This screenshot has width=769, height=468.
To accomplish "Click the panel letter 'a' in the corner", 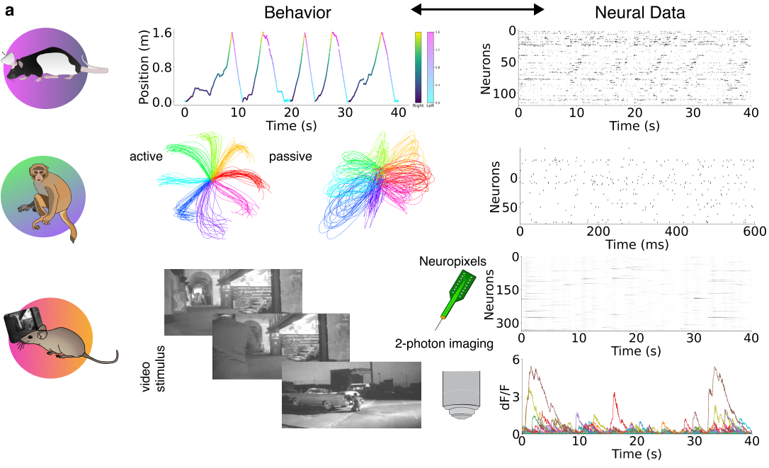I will (11, 12).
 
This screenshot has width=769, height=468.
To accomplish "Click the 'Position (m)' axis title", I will (144, 67).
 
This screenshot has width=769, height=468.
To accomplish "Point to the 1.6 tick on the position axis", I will (161, 33).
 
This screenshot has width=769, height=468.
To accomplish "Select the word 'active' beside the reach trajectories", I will (147, 156).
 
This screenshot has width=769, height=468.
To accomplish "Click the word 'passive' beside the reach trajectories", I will (290, 156).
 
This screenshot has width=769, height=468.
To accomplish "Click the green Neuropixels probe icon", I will (451, 297).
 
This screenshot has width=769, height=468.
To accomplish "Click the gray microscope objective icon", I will (459, 396).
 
